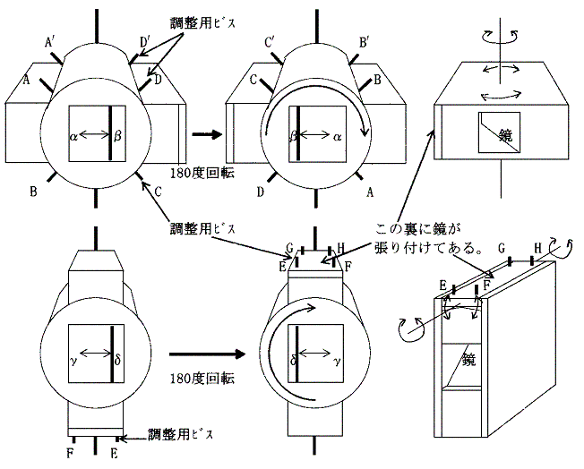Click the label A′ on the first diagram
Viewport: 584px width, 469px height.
pyautogui.click(x=51, y=40)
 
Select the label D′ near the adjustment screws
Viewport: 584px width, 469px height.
pyautogui.click(x=145, y=40)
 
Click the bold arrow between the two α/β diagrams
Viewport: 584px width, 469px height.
pyautogui.click(x=206, y=135)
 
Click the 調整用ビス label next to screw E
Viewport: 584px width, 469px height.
pyautogui.click(x=182, y=434)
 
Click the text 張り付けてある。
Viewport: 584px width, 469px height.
pyautogui.click(x=426, y=247)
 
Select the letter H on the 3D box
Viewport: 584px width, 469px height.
pyautogui.click(x=537, y=246)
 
